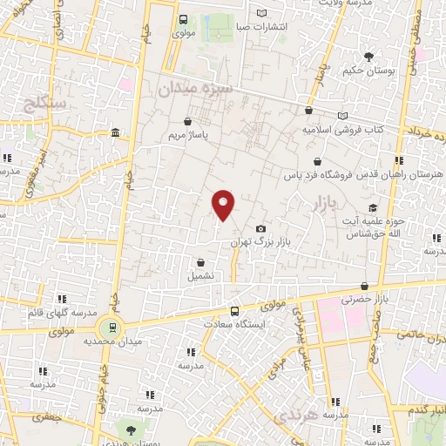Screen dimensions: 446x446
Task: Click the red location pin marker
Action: (224, 206)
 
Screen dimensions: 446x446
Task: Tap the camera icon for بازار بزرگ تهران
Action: (260, 228)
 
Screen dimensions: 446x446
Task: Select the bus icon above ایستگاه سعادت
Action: (233, 311)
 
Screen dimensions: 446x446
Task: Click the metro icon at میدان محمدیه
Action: (111, 328)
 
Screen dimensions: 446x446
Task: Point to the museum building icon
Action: (116, 132)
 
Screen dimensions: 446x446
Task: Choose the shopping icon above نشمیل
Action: (201, 261)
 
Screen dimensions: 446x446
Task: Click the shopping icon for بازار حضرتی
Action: (362, 286)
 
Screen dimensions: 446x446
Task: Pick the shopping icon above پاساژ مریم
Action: (189, 123)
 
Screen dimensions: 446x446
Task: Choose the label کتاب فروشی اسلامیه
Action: (343, 129)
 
